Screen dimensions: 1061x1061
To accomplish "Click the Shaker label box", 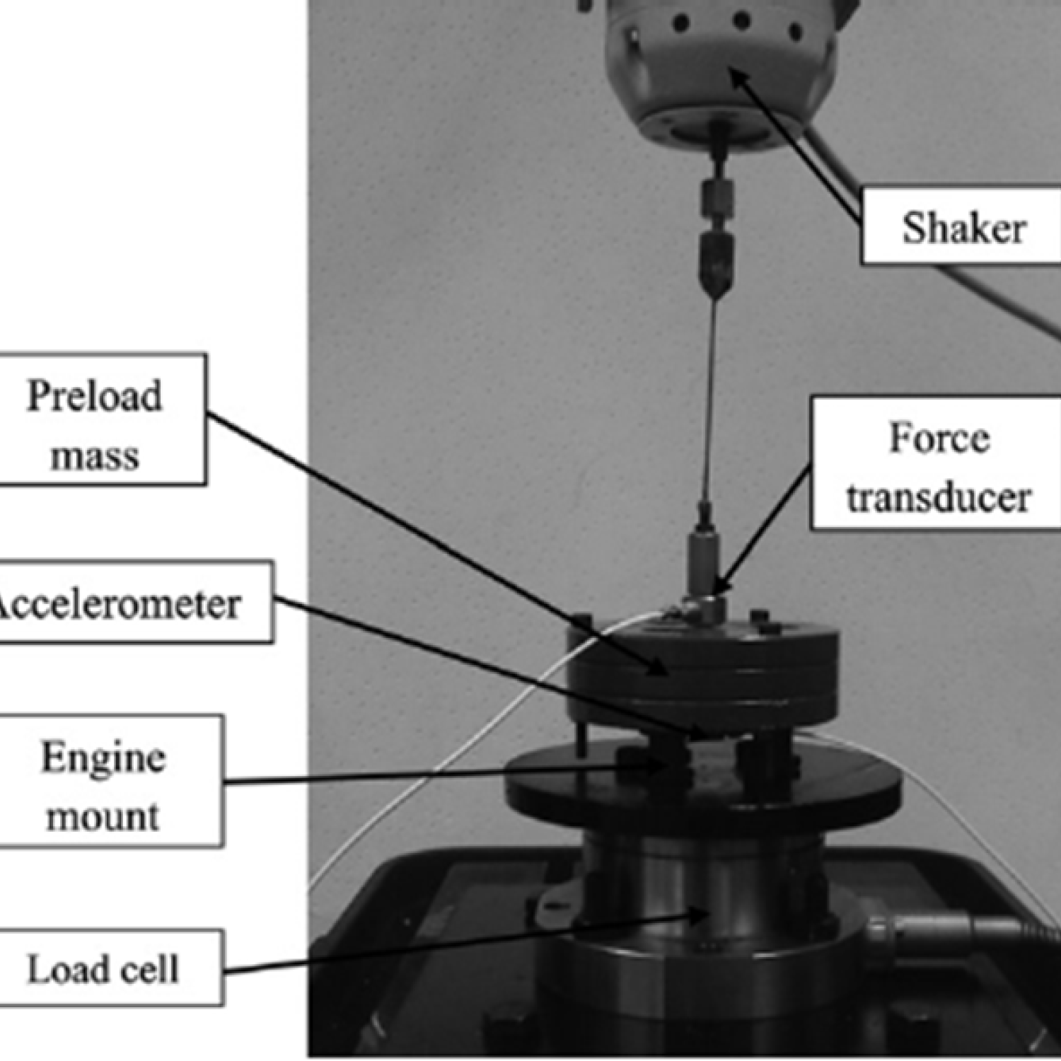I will [962, 226].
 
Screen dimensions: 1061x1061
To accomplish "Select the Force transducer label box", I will [937, 463].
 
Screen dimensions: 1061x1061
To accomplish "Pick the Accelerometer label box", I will [127, 603].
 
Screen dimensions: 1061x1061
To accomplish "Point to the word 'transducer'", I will [939, 497].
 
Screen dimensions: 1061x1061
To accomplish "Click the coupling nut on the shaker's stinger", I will [717, 198].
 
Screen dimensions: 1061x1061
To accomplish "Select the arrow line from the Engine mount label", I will [439, 775].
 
